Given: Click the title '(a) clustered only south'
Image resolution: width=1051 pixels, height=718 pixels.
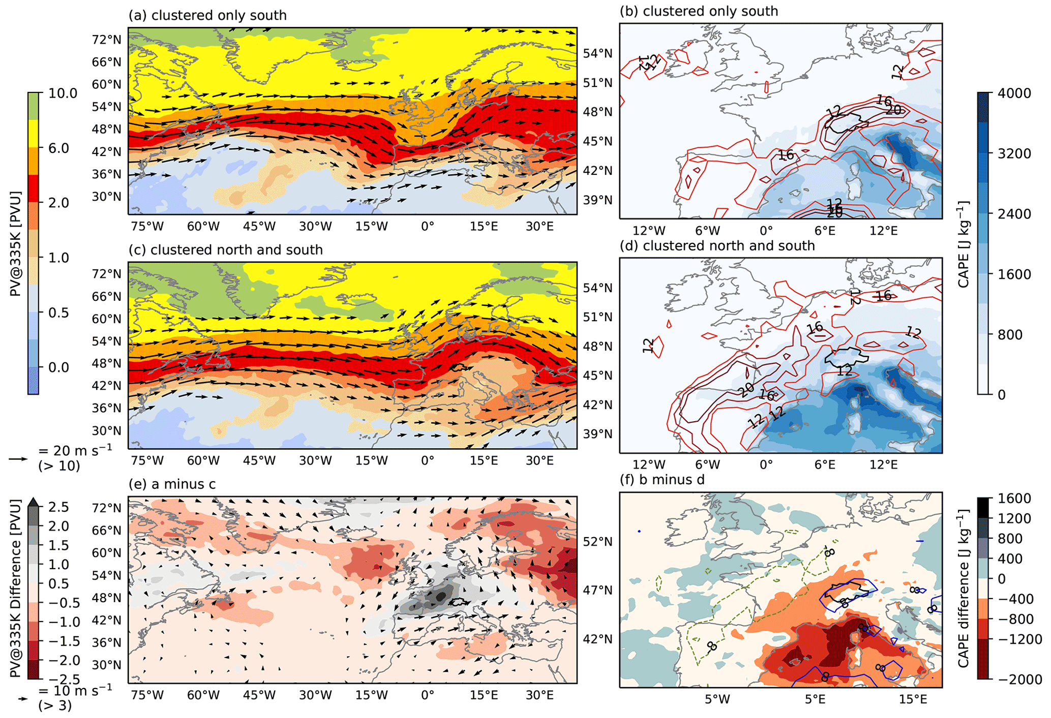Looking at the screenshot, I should pos(207,15).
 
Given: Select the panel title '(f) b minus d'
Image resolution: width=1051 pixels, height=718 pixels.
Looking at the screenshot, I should pos(662,480).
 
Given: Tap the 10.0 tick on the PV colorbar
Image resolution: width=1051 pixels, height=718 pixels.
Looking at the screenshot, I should pos(63,93).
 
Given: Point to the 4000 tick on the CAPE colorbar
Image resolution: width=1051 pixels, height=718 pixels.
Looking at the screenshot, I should pos(1014,93).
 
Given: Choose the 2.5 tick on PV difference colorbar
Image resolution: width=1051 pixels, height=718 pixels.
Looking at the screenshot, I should pos(58,507).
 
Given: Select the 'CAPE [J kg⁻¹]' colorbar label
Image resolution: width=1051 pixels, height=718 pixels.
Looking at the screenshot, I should pos(963,244).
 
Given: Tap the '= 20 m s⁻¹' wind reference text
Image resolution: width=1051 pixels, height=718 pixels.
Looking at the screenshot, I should pos(75,450).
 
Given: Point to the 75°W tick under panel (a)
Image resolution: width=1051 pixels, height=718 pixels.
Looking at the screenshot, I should pos(147,226).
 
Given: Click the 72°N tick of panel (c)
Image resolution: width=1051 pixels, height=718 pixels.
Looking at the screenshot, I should pos(107,274).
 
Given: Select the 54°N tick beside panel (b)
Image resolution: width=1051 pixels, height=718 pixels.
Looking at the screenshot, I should pos(597,53).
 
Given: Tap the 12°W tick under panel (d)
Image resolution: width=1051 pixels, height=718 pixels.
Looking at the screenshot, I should pos(649,464).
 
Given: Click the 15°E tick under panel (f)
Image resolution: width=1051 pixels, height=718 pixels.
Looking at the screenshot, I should pos(913,700).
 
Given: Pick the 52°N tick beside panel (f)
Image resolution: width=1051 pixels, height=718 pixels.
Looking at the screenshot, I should pos(597,542).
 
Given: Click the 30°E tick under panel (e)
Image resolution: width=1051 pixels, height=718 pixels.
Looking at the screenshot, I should pos(539,695).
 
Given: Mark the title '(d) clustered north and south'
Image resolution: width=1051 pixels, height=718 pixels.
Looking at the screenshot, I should pos(717,246).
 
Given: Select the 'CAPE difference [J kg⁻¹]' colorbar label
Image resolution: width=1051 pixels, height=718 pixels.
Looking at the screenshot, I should pos(963,589).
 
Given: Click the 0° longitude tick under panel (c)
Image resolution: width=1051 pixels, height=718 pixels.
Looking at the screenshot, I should pos(428,461).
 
